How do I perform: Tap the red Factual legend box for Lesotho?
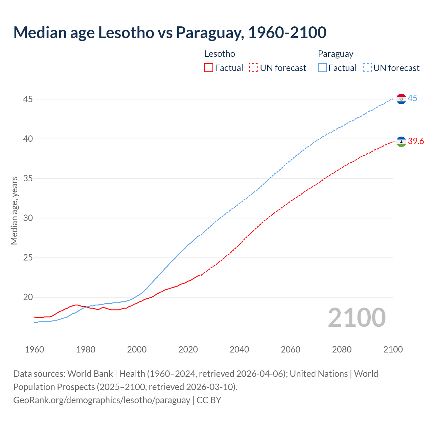point(209,68)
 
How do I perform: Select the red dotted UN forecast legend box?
point(254,68)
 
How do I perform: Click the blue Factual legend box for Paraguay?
point(322,68)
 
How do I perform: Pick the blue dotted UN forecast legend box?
point(367,68)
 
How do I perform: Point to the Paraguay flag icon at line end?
point(401,99)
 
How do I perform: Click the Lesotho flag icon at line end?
point(401,142)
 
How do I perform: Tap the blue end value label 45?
point(412,98)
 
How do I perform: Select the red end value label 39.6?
point(416,141)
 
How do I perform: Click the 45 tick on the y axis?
point(28,99)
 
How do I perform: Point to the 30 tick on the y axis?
point(28,218)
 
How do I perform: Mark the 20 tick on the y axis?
point(28,297)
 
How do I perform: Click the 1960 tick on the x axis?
point(35,349)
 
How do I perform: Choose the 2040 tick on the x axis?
point(239,349)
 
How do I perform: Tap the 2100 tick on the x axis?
point(393,349)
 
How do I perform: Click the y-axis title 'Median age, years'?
point(14,210)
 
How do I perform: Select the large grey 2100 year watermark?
point(357,317)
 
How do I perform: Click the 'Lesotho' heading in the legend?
point(220,54)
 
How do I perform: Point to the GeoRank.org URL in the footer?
point(101,400)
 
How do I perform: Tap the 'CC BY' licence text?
point(209,400)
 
